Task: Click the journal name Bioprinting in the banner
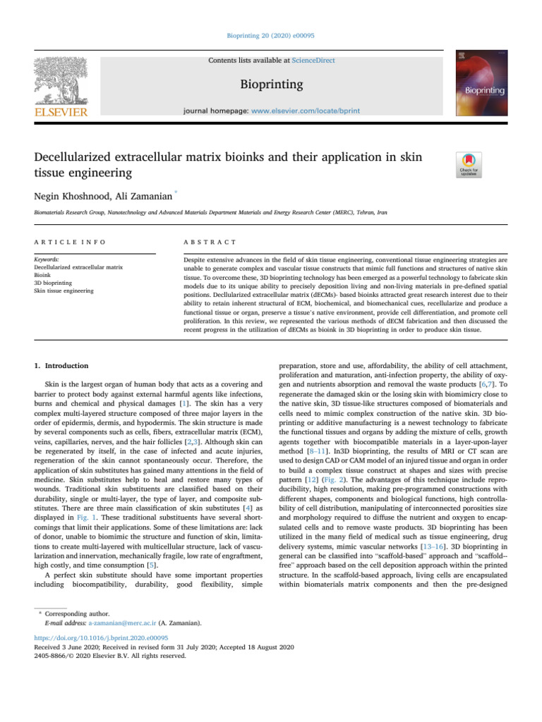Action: (x=271, y=85)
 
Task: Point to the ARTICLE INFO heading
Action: (x=70, y=242)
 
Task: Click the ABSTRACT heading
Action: (x=210, y=242)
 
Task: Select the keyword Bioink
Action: (x=43, y=276)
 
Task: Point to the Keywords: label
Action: (x=47, y=260)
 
